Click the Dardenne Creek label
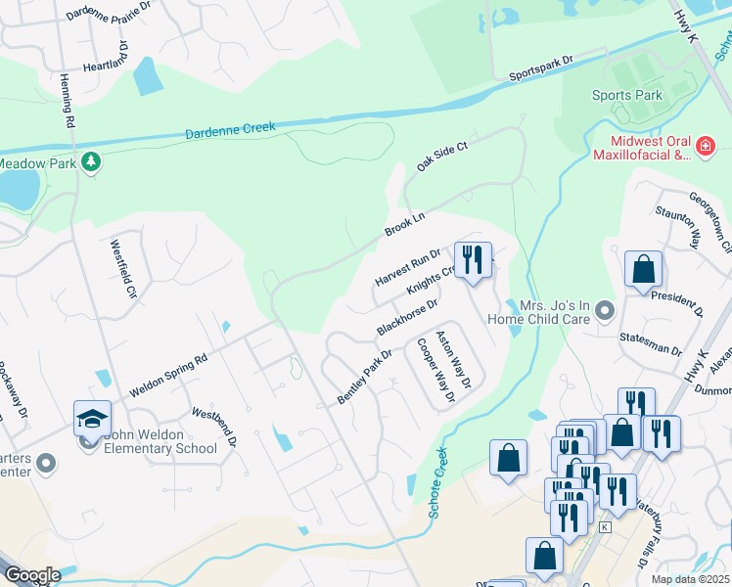(x=231, y=128)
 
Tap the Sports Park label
(x=627, y=95)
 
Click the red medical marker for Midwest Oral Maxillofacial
(x=704, y=148)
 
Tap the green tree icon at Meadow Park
(x=91, y=161)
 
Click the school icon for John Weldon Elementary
(x=91, y=420)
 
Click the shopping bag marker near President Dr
(x=643, y=269)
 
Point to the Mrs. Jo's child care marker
(x=606, y=312)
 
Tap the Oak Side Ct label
(x=442, y=154)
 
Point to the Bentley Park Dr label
(x=364, y=378)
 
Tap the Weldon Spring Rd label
(x=168, y=376)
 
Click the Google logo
(x=32, y=575)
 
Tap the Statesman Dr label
(x=650, y=349)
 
